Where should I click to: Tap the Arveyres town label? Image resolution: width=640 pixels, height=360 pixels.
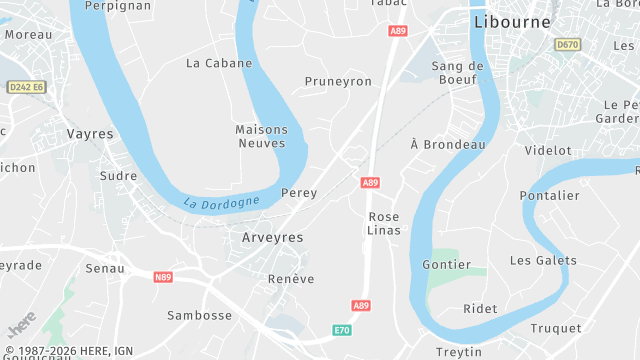pos(271,238)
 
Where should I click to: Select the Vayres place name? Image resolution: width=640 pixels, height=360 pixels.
pos(90,134)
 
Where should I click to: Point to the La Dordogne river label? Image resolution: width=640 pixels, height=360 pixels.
pos(221,202)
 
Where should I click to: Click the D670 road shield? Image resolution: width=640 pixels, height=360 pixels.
pos(568,44)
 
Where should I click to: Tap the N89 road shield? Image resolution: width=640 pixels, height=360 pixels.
pos(164,276)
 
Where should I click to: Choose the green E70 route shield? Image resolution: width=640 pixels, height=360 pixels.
pos(342,329)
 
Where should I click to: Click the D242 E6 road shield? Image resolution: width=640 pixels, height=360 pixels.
pos(27,88)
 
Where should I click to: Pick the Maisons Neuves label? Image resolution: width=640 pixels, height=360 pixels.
pos(261,136)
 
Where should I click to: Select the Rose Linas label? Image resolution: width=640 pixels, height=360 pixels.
pos(384,223)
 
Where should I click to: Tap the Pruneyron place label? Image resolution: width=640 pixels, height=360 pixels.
pos(338,82)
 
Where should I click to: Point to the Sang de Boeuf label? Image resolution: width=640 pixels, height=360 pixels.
pos(457,73)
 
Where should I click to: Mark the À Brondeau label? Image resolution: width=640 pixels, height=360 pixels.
pos(448,145)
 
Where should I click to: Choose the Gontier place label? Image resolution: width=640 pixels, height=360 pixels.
pos(447,265)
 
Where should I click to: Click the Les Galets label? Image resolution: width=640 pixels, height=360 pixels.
pos(543,261)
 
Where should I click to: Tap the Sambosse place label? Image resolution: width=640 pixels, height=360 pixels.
pos(200,316)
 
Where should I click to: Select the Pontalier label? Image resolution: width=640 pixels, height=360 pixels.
pos(550,196)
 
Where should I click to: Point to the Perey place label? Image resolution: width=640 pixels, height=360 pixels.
pos(299,193)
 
